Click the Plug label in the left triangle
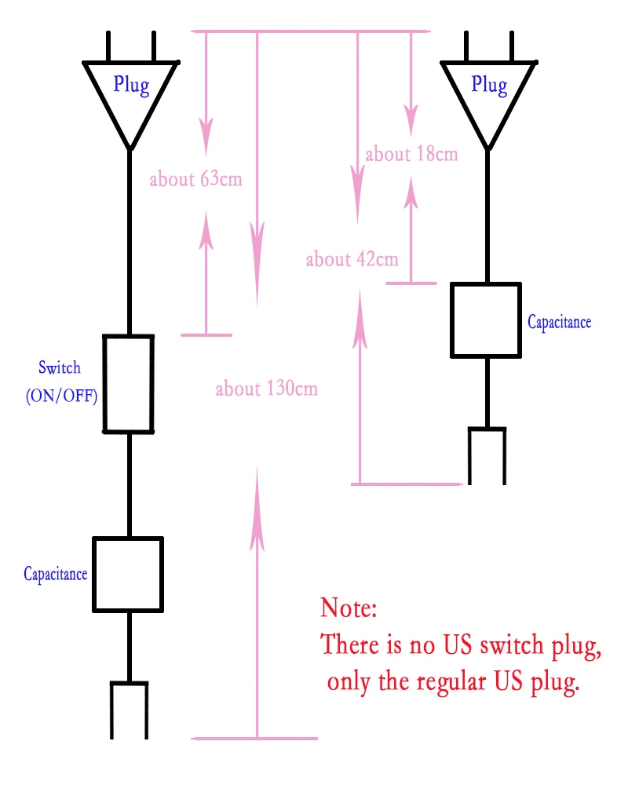(131, 85)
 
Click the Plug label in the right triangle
(489, 85)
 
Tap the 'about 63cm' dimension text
(195, 179)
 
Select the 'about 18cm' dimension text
(411, 154)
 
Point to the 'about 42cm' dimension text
(352, 259)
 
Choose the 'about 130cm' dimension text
(267, 389)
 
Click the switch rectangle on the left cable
(128, 384)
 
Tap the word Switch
(60, 367)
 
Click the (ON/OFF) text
(61, 396)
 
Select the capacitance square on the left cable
(128, 575)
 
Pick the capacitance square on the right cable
(486, 320)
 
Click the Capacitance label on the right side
(560, 322)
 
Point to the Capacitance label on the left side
(56, 574)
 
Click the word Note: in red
(349, 608)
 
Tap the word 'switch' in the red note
(511, 644)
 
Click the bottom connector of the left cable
(130, 710)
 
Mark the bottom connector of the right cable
(487, 455)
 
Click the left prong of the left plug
(108, 46)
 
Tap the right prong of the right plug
(512, 46)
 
